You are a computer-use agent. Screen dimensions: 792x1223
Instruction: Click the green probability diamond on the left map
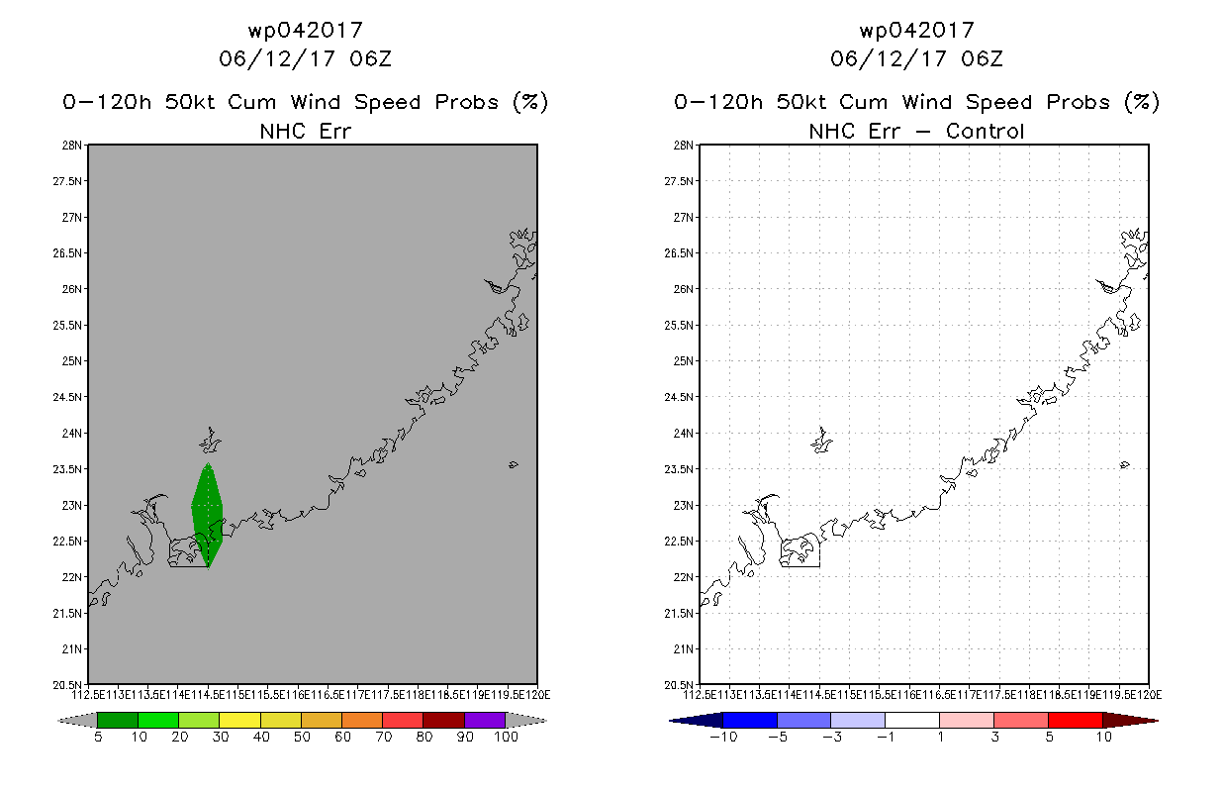tap(207, 515)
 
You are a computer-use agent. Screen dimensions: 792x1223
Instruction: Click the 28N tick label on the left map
tap(72, 146)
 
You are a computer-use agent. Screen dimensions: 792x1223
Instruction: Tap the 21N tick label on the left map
tap(72, 649)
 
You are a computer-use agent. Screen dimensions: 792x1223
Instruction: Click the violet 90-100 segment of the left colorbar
tap(485, 720)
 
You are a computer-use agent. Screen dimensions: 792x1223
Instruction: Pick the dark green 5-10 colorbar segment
tap(118, 720)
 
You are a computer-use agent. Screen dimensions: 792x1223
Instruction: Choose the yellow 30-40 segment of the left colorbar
tap(239, 720)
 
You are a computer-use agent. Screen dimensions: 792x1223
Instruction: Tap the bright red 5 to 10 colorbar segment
tap(1075, 720)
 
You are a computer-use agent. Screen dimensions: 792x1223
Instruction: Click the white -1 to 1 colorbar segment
tap(912, 720)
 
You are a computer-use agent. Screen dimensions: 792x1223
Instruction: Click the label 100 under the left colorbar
tap(506, 738)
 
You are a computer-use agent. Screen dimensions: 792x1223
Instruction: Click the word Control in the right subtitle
tap(985, 131)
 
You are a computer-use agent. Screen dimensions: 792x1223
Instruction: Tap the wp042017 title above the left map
tap(305, 30)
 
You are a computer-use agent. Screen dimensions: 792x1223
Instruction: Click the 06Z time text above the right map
tap(982, 58)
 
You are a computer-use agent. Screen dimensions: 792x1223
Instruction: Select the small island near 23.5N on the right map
tap(1125, 464)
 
